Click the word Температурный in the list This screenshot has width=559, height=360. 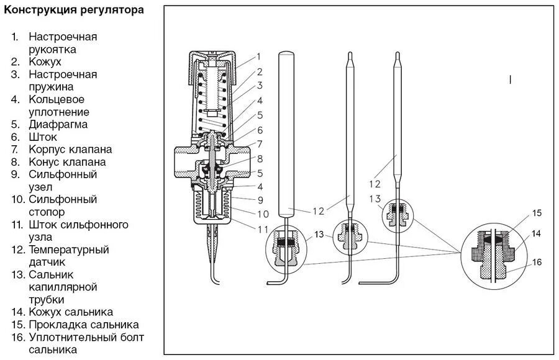tap(68, 250)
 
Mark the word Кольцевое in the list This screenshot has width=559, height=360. tap(57, 99)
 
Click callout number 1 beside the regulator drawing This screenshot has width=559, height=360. tap(259, 56)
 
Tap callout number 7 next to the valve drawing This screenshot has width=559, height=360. tap(260, 144)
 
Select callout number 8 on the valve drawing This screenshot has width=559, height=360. tap(260, 159)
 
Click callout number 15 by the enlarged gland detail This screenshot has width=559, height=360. tap(537, 213)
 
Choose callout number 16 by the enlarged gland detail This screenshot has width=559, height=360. tap(537, 262)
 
